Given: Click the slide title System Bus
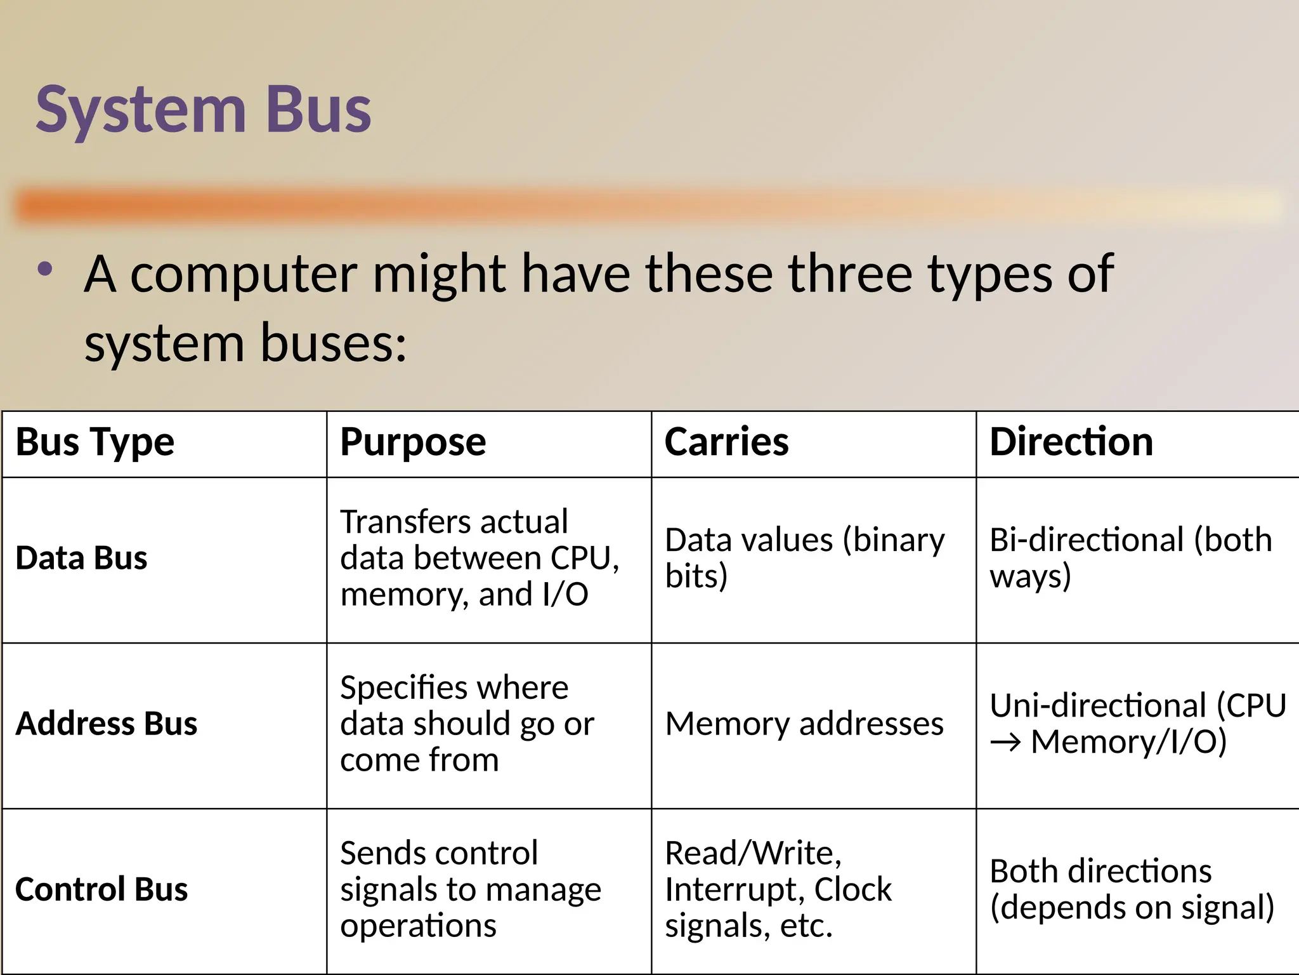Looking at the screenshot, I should point(203,110).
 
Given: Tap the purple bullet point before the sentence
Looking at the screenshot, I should point(45,269).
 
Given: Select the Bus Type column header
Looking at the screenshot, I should point(95,442).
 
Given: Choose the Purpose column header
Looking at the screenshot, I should point(413,442).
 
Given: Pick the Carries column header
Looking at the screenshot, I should point(726,442).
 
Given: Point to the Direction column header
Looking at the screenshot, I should point(1071,442).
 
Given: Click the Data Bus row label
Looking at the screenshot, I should point(81,559).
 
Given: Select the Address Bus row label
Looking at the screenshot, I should point(107,724).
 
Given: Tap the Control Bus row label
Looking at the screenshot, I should point(101,889).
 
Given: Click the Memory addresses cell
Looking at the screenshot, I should point(804,724).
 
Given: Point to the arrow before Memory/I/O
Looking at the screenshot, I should point(1005,742).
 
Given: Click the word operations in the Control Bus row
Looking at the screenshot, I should point(418,925).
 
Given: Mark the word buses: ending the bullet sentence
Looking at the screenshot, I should point(333,343).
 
